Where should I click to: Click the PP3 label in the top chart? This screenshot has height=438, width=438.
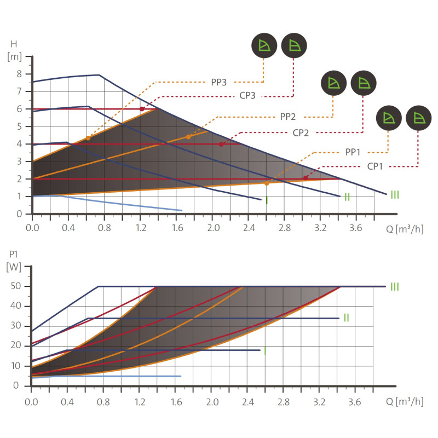click(x=218, y=82)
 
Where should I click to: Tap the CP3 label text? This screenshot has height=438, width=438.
click(x=247, y=95)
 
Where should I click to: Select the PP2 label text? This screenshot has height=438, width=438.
click(x=288, y=117)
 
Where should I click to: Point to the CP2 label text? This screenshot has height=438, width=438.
click(x=301, y=132)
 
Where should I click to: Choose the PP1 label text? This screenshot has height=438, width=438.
click(x=353, y=152)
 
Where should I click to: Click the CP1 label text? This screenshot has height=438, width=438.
click(x=374, y=166)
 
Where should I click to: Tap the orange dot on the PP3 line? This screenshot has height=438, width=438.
click(x=88, y=138)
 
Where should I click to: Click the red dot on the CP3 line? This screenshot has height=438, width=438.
click(x=142, y=109)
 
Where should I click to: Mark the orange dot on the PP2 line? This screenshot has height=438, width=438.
click(x=188, y=137)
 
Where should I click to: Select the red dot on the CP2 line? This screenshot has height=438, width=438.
click(x=221, y=145)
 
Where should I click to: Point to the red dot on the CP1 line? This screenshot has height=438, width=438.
click(x=306, y=178)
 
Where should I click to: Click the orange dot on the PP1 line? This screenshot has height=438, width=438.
click(x=267, y=183)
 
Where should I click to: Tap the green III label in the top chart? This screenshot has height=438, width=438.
click(x=395, y=195)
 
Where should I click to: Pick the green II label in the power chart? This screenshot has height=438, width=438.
click(x=347, y=318)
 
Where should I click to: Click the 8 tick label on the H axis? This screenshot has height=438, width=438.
click(x=19, y=74)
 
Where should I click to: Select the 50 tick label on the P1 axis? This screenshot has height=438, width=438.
click(x=16, y=286)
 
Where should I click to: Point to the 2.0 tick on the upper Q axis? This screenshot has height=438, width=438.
click(x=213, y=228)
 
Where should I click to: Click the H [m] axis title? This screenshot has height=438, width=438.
click(x=14, y=50)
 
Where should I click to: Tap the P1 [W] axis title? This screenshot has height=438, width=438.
click(x=14, y=261)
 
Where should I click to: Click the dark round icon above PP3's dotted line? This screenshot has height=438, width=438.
click(x=264, y=45)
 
